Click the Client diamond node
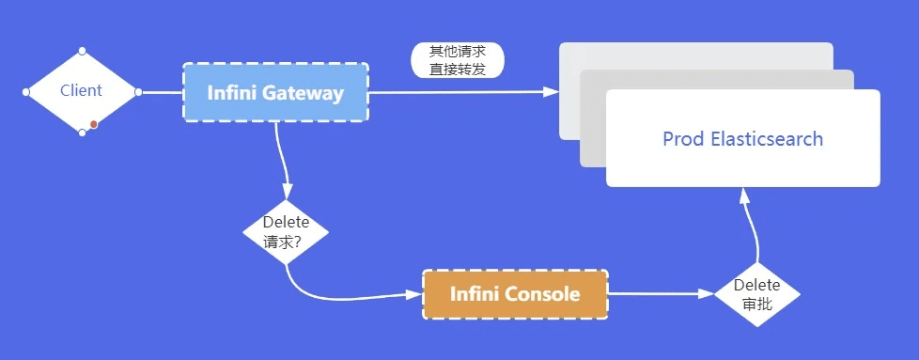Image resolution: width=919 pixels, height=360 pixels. [81, 91]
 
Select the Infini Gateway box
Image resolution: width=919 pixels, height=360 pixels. [274, 93]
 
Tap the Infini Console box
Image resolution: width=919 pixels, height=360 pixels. [515, 294]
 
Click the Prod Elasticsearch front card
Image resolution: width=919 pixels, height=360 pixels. [742, 139]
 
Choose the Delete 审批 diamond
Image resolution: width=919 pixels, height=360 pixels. [756, 293]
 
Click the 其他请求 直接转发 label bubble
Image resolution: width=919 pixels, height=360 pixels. [458, 60]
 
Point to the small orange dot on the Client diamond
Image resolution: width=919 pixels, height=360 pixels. [94, 124]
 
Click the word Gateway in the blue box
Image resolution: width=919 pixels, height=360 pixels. [304, 93]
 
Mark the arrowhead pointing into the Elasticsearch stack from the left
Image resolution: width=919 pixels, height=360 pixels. [552, 91]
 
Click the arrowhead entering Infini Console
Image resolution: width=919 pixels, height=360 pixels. [415, 294]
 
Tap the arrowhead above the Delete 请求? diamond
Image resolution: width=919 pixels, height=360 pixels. [287, 192]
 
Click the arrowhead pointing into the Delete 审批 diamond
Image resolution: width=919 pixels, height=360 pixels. [708, 294]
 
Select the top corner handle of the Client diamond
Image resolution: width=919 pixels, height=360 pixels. [82, 50]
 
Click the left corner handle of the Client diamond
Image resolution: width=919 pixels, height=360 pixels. [26, 92]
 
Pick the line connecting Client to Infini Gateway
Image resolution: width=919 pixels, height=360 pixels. [160, 92]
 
